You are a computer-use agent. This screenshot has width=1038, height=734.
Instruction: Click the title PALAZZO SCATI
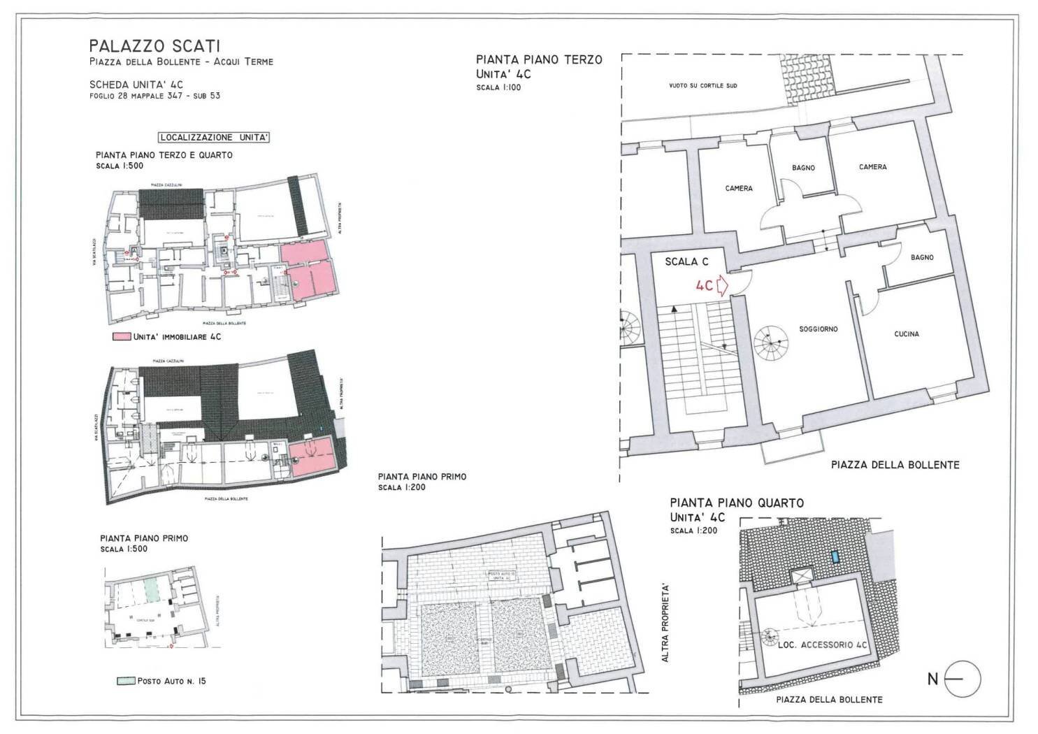click(154, 46)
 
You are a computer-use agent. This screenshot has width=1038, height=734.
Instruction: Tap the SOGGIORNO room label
click(819, 329)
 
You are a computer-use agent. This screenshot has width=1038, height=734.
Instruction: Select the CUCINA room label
click(907, 334)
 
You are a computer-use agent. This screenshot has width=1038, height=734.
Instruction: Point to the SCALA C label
click(686, 261)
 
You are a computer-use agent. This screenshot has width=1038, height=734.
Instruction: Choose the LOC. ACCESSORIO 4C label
click(823, 646)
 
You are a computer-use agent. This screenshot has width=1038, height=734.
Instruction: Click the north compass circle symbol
click(963, 679)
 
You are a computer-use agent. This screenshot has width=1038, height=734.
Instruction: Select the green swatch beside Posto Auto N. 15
click(125, 681)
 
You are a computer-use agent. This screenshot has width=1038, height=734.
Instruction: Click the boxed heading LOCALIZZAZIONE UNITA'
click(213, 138)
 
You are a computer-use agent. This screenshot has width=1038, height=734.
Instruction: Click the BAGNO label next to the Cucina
click(922, 257)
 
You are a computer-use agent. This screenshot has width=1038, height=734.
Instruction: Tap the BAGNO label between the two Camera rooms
click(803, 168)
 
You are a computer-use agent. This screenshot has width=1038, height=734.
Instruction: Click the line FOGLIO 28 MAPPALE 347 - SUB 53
click(154, 96)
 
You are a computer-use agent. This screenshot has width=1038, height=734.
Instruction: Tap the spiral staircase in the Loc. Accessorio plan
click(769, 637)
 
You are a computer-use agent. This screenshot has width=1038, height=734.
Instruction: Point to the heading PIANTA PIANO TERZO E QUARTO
click(164, 155)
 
